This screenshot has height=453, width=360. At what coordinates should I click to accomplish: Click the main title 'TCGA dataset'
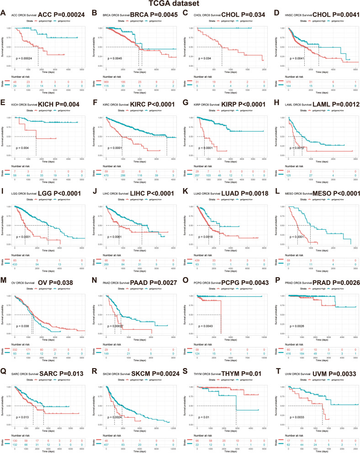(x=180, y=4)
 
